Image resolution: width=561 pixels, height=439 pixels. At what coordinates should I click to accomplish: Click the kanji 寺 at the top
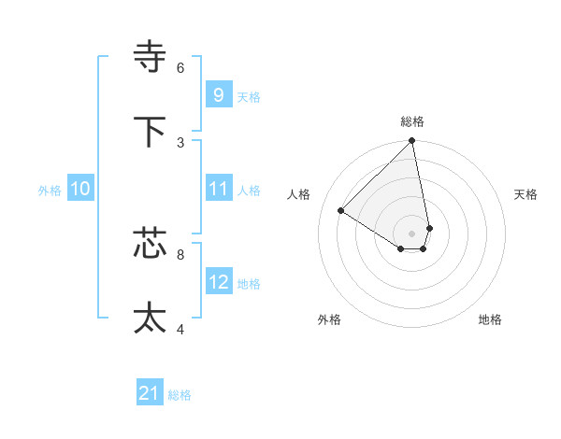coord(151,58)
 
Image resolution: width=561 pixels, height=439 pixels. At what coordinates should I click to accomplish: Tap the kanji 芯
coord(151,244)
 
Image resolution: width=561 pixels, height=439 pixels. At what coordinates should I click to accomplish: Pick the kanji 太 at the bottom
coord(151,319)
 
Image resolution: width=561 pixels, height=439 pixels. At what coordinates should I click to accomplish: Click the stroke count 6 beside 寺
coord(180,67)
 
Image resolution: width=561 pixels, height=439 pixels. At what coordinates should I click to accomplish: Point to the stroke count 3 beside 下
coord(180,142)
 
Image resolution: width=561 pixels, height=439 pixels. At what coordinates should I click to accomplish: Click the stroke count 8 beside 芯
coord(180,253)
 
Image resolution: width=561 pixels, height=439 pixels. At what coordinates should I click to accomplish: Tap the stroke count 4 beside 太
coord(180,328)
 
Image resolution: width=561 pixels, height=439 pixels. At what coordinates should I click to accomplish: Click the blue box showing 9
coord(218,95)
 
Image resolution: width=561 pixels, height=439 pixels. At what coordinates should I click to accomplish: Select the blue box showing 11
coord(218,189)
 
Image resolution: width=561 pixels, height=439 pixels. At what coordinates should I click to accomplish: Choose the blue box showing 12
coord(218,282)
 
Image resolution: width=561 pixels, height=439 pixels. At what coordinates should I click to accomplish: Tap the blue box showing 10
coord(79,189)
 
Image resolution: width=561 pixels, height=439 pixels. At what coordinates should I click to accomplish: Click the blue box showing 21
coord(150,394)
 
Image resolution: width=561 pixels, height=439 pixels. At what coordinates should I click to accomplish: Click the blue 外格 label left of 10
coord(50,191)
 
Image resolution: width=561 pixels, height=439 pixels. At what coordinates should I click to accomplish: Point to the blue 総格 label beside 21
coord(180,395)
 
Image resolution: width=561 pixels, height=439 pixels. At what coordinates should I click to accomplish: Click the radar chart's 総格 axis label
coord(412,121)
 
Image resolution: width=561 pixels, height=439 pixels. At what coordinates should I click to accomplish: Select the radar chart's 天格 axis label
coord(525,194)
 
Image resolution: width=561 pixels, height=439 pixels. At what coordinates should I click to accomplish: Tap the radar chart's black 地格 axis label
coord(490,319)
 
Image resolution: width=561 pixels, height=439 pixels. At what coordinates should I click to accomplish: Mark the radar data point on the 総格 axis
coord(411,141)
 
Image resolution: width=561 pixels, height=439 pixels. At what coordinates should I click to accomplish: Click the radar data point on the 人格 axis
coord(341,210)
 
